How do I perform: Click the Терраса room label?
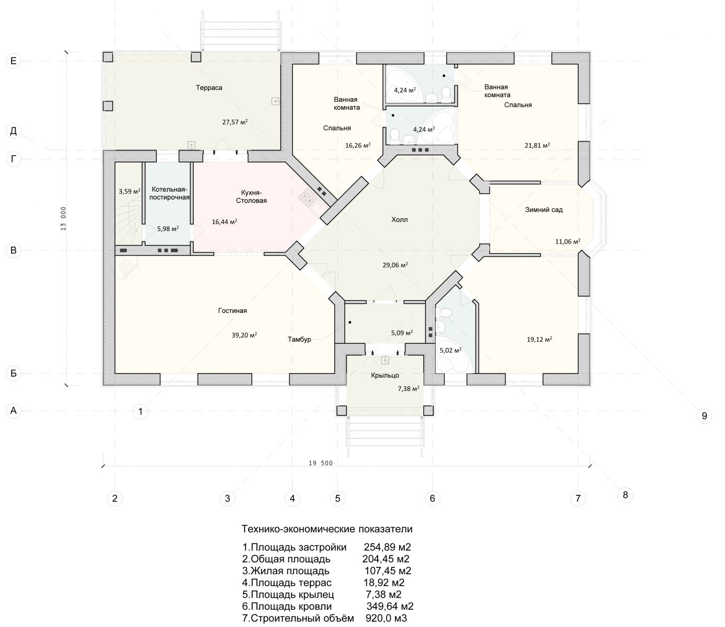(209, 88)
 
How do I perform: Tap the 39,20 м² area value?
(244, 335)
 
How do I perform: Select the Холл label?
(400, 220)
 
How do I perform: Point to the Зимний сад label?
(544, 210)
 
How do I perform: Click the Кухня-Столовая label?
(251, 197)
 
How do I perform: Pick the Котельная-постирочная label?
(169, 193)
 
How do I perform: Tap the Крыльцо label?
(385, 376)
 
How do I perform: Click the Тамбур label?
(299, 339)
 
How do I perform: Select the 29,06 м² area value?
(395, 265)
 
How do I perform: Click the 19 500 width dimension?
(321, 463)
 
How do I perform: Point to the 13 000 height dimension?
(64, 218)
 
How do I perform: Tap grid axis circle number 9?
(704, 416)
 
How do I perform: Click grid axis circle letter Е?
(14, 61)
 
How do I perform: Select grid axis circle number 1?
(141, 411)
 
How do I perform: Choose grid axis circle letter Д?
(14, 131)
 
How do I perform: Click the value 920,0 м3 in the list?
(386, 618)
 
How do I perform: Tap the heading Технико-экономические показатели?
(327, 529)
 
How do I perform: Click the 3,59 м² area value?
(130, 191)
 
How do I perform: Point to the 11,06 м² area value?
(568, 241)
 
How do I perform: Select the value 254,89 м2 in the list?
(387, 547)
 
